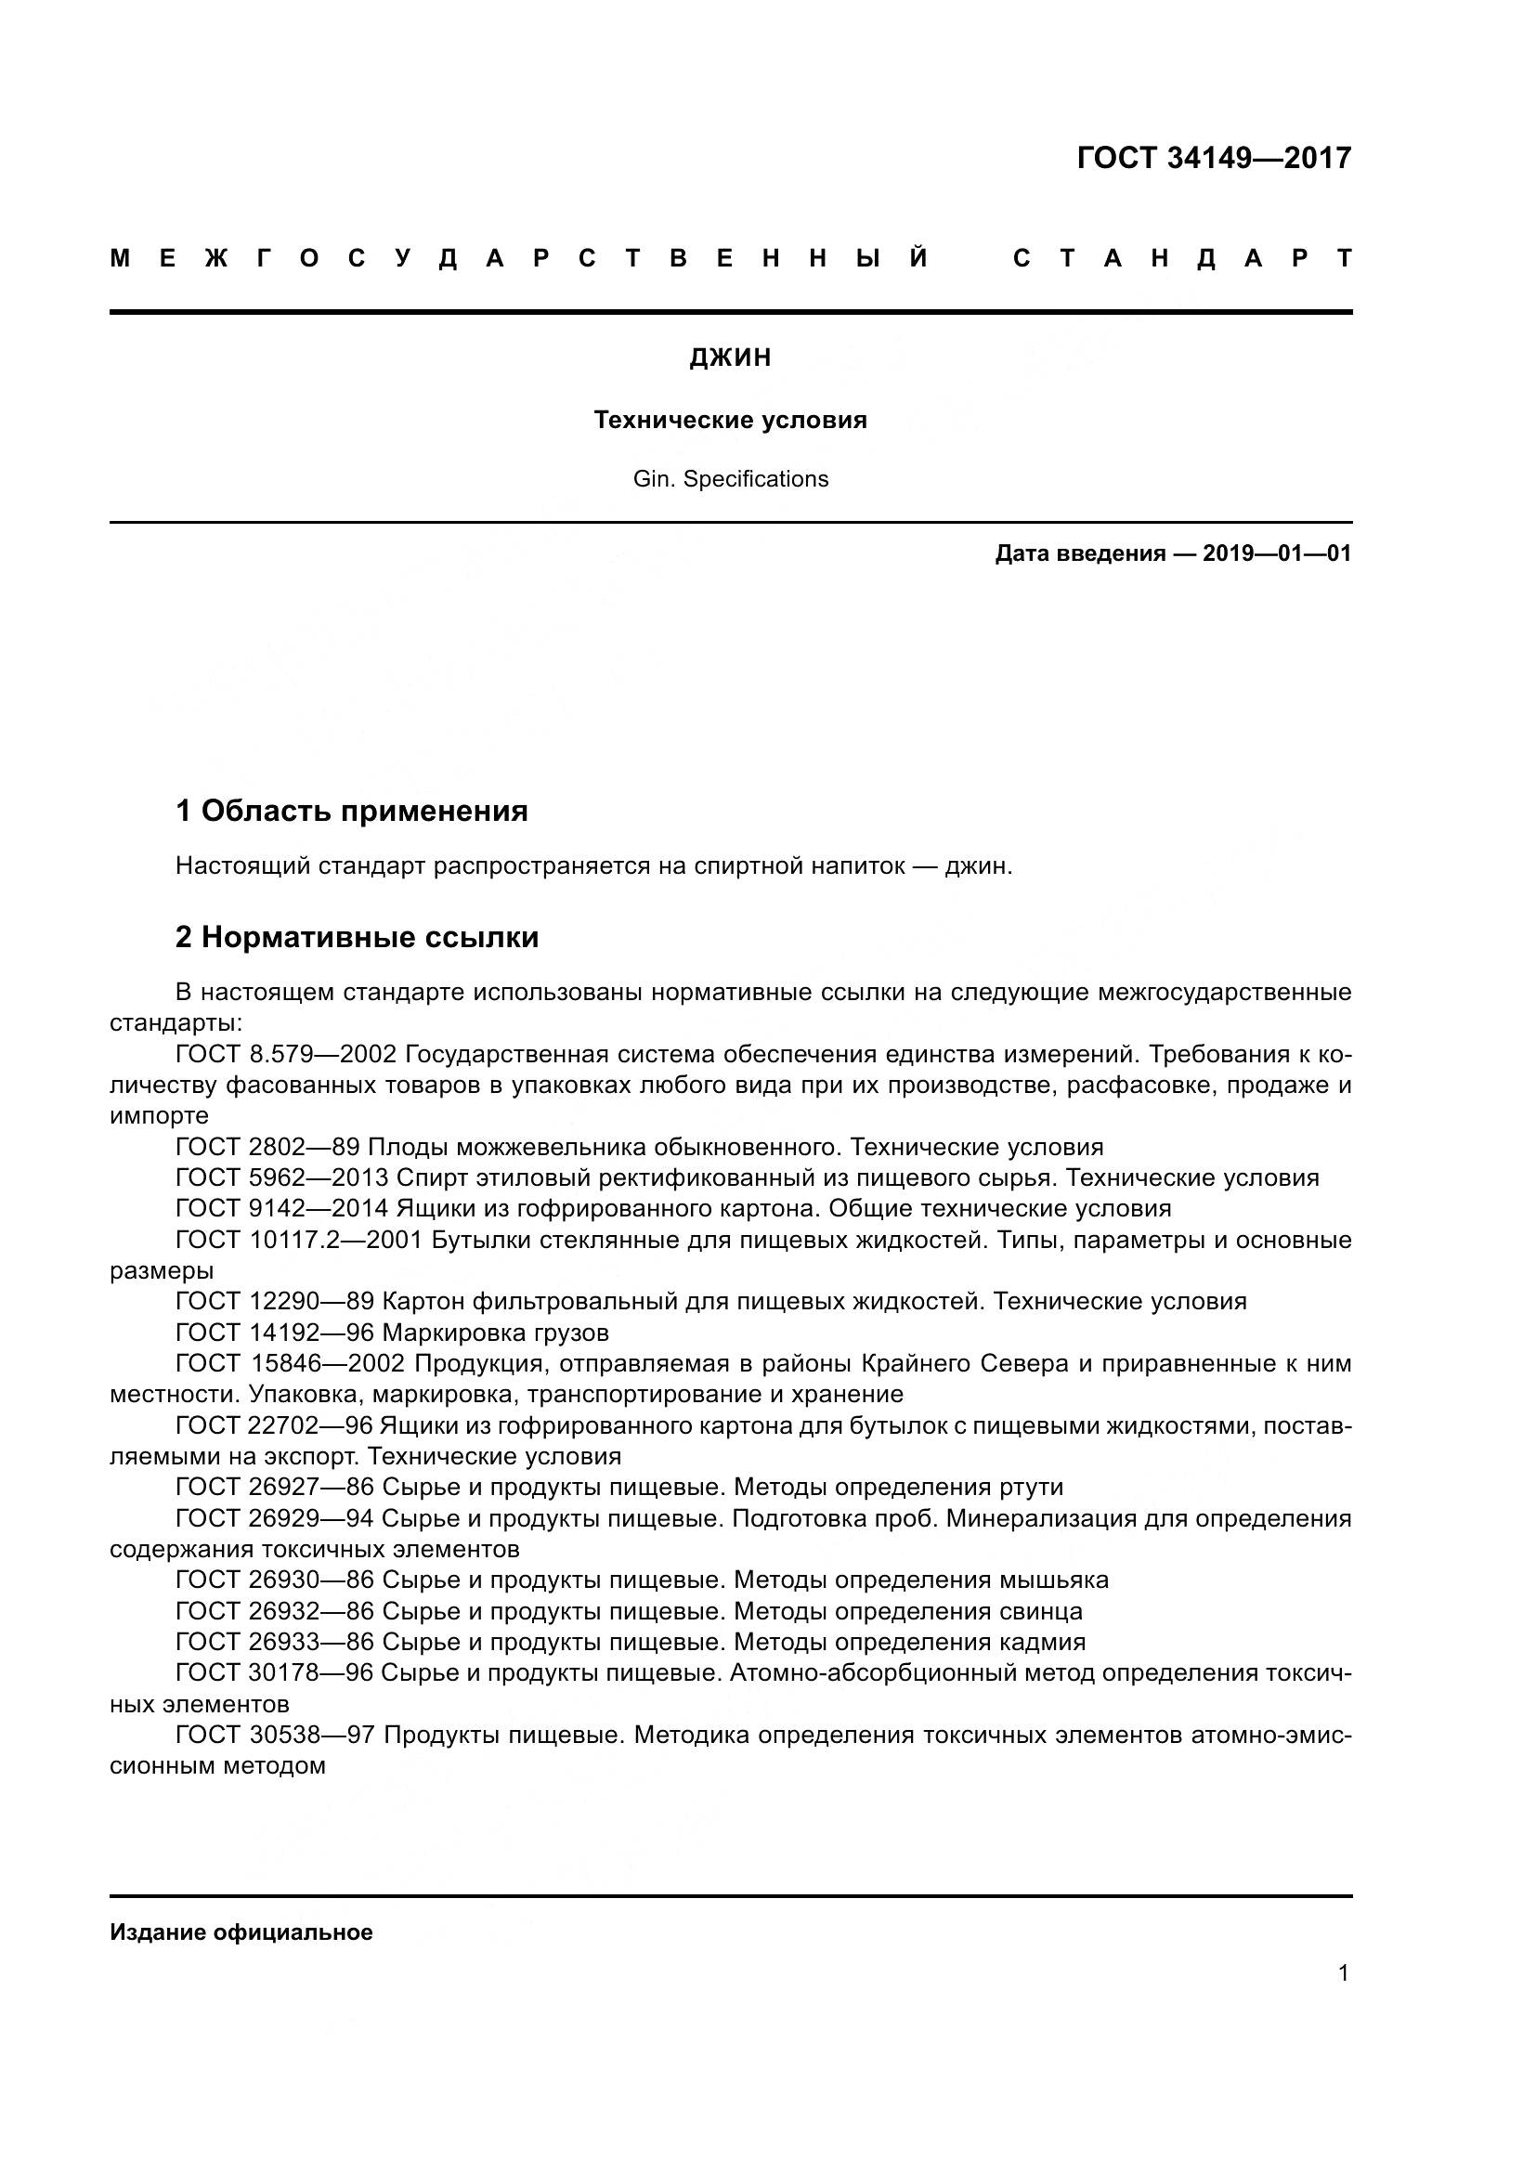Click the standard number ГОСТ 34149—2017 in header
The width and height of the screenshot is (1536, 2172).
point(1214,158)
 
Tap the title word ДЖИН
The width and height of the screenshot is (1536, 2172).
point(730,358)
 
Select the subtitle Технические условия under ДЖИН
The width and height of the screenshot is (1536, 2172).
point(730,420)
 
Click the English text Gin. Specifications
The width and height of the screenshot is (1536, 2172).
point(730,478)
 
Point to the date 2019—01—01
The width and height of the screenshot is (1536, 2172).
point(1276,553)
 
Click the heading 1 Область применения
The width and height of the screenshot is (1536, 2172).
point(351,811)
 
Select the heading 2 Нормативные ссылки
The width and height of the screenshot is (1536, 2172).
point(357,937)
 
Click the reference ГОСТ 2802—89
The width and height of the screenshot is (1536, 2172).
point(267,1148)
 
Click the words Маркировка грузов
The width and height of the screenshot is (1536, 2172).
point(496,1333)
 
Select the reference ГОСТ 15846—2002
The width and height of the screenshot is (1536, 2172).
point(291,1364)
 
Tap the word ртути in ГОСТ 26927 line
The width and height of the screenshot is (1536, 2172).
point(1031,1487)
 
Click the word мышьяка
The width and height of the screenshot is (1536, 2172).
point(1054,1580)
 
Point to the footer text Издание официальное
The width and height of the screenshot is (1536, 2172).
point(241,1931)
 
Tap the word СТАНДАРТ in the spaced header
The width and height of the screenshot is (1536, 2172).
point(1182,259)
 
